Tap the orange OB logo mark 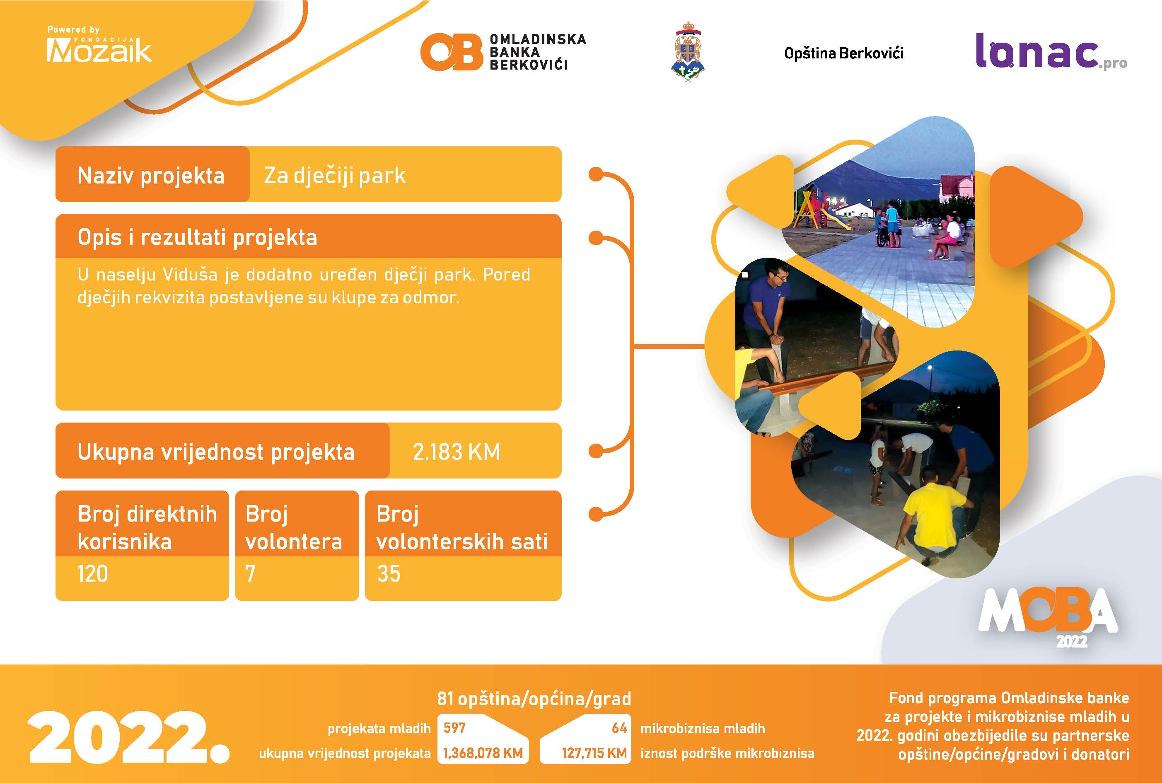tap(452, 52)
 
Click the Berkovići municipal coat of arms tap(688, 51)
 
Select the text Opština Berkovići tap(843, 53)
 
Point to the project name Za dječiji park tap(335, 176)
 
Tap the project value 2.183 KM tap(457, 452)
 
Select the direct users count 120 tap(93, 574)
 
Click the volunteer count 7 tap(251, 574)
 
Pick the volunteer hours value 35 tap(389, 574)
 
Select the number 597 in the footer tap(454, 728)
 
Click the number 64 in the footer tap(619, 728)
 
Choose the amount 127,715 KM tap(594, 753)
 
